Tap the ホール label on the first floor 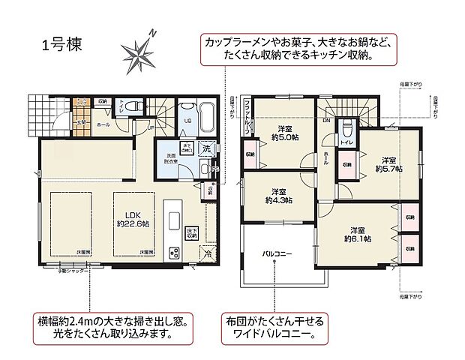(102, 125)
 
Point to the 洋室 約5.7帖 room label (388, 164)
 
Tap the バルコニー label (277, 253)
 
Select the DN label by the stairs (326, 119)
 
